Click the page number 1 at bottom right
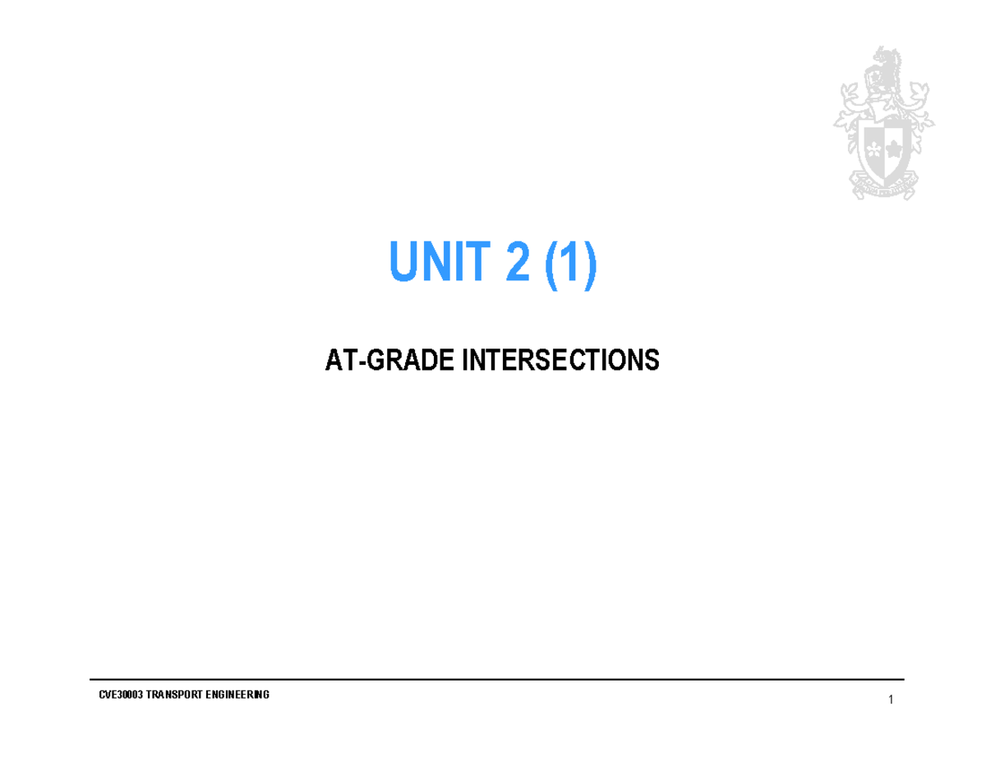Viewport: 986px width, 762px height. (x=890, y=700)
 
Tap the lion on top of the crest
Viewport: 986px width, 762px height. (x=886, y=70)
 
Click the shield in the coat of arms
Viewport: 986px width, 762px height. (x=884, y=146)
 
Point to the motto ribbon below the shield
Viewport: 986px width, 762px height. (x=882, y=189)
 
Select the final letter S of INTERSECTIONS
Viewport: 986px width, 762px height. (x=653, y=360)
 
